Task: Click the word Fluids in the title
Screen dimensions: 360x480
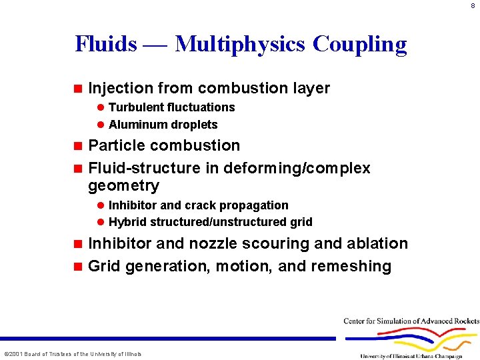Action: (106, 44)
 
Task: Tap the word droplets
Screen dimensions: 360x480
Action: (195, 125)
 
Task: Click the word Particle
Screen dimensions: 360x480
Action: (117, 145)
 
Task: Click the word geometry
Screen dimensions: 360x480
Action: (123, 185)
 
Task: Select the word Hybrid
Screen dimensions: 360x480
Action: (126, 222)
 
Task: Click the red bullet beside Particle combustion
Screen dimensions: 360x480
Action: (77, 145)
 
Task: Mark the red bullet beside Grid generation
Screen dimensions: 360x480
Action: (77, 266)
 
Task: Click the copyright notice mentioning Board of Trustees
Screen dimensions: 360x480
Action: (73, 354)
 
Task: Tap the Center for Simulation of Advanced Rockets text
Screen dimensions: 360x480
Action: (411, 321)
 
